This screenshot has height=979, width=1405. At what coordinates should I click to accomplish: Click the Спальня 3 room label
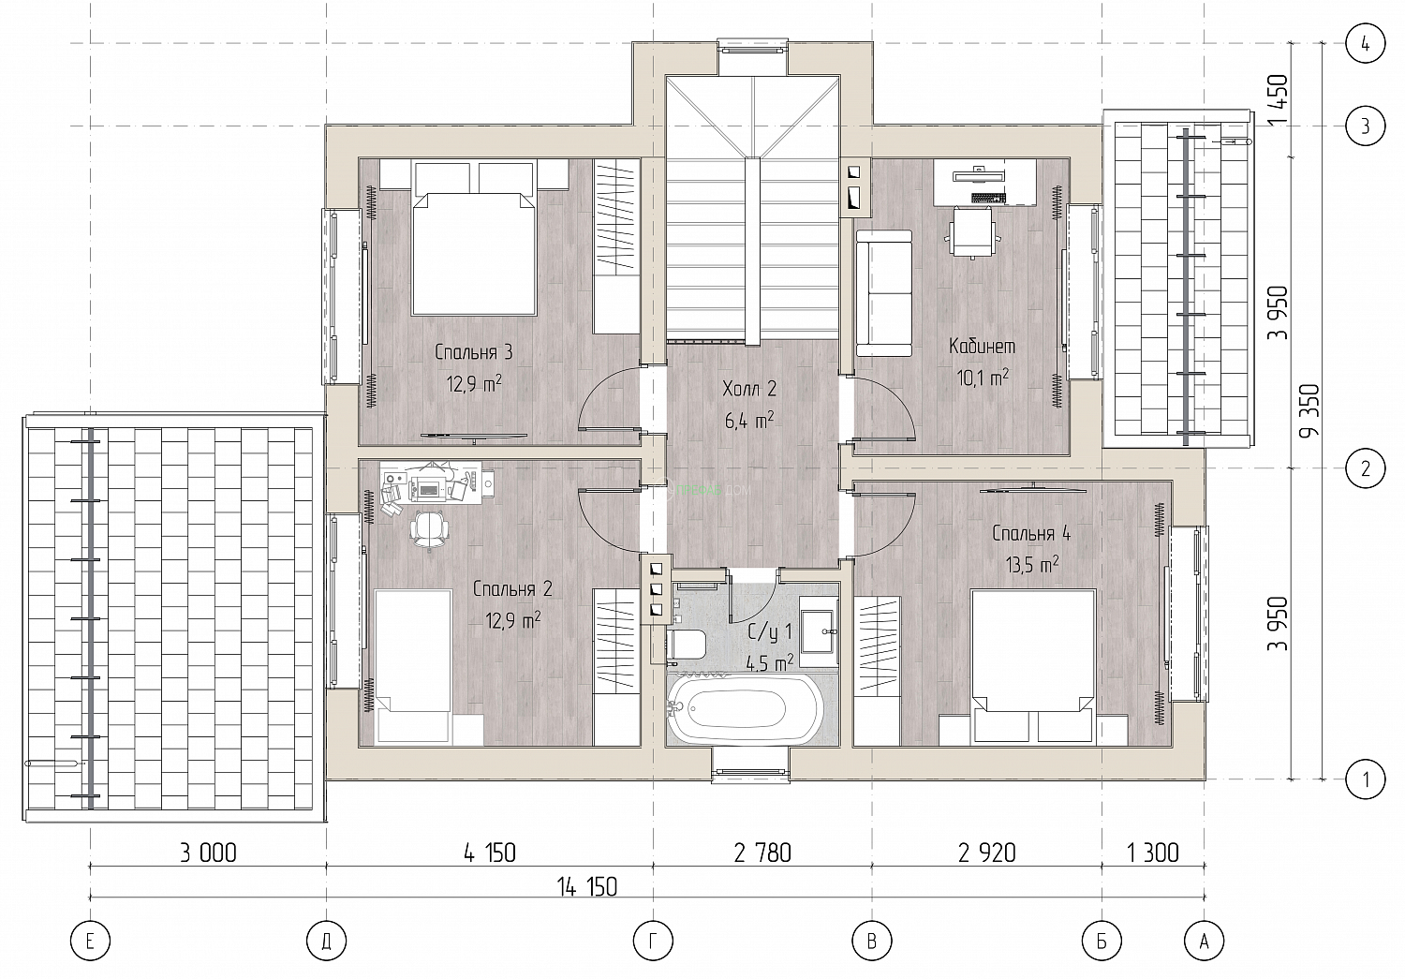(474, 352)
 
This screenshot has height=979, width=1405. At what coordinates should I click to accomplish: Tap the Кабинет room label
(982, 347)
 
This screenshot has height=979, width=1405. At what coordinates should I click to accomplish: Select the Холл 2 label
(749, 390)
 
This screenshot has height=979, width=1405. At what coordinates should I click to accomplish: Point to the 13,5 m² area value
(1032, 564)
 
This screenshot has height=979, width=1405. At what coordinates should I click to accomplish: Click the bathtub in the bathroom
(746, 709)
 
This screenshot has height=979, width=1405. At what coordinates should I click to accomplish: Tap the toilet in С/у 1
(686, 645)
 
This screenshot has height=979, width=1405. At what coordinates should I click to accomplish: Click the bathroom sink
(819, 631)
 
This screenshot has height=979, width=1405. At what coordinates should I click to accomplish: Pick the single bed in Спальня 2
(413, 666)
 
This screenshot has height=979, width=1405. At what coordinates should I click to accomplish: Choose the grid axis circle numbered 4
(1366, 44)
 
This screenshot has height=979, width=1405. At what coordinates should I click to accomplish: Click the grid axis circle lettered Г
(653, 941)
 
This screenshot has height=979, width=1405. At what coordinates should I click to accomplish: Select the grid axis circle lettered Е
(90, 941)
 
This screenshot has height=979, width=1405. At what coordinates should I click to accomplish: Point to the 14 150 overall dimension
(587, 887)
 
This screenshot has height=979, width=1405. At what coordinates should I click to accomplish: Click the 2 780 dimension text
(762, 853)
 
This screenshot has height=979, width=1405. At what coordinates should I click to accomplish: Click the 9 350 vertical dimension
(1309, 410)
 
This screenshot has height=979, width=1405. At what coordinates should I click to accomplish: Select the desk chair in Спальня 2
(429, 528)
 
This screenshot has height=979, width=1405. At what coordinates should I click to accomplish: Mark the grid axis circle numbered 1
(1366, 779)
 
